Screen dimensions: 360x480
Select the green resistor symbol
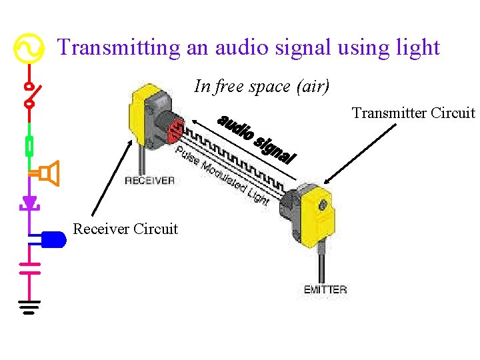29,145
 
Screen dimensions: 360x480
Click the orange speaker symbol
49,173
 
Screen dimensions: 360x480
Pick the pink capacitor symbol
29,268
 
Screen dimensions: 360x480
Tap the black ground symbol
29,307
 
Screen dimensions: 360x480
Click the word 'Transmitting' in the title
119,47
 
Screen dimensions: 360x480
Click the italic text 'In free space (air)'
261,86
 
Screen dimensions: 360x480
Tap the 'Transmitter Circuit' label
413,113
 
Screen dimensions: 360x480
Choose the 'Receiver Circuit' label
125,229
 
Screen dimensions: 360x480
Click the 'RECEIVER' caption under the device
149,180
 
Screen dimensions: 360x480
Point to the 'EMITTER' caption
325,289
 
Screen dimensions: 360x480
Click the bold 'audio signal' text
257,139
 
